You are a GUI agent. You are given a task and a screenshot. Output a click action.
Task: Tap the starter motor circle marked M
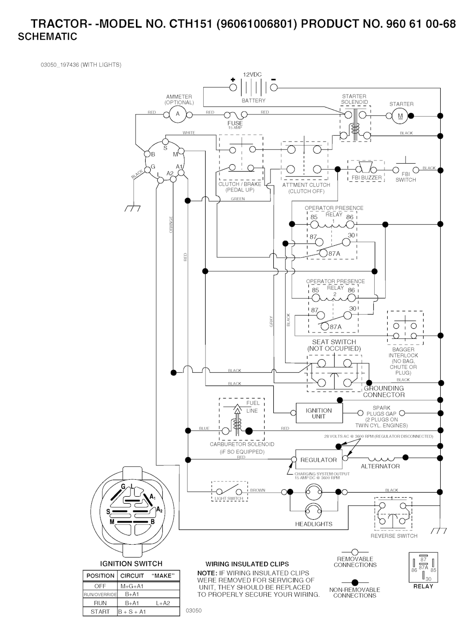[400, 116]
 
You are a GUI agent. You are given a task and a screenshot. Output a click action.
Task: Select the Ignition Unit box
[319, 413]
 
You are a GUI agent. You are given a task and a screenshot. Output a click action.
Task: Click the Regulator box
[319, 460]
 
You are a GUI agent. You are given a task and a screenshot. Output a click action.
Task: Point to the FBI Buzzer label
[366, 178]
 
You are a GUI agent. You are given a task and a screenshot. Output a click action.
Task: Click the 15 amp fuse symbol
[235, 115]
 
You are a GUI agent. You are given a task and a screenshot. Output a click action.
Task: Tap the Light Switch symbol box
[230, 492]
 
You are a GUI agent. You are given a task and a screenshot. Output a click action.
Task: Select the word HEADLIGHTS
[314, 524]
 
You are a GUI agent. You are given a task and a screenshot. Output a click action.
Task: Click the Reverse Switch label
[394, 536]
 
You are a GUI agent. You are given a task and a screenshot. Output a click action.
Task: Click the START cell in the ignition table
[100, 612]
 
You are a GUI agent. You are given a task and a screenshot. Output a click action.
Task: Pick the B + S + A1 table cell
[132, 612]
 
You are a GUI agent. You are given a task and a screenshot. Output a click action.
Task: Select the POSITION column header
[100, 576]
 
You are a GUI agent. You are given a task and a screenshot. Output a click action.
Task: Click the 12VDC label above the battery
[252, 75]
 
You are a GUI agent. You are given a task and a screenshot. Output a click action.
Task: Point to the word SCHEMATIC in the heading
[47, 37]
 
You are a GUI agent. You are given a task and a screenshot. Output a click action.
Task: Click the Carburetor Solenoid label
[242, 444]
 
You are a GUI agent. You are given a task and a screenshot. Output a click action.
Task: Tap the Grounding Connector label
[384, 392]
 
